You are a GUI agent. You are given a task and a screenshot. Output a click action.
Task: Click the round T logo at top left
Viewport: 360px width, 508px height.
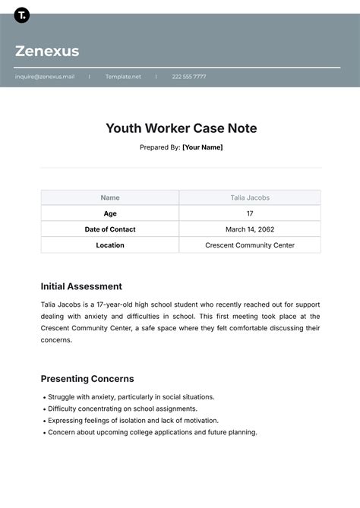click(22, 14)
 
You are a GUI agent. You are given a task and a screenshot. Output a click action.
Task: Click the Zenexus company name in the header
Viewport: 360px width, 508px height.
click(47, 52)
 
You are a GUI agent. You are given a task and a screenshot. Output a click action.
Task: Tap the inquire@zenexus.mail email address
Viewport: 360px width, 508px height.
click(45, 77)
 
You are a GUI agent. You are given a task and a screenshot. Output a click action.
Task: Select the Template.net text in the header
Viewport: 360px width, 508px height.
click(123, 77)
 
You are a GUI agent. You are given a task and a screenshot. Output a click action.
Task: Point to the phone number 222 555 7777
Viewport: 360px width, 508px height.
click(188, 77)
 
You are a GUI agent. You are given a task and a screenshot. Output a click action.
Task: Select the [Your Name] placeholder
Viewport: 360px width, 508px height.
click(202, 147)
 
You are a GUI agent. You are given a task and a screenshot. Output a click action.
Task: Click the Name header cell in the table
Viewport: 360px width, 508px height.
click(110, 197)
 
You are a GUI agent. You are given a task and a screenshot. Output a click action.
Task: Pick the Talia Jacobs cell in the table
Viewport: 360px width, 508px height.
click(250, 197)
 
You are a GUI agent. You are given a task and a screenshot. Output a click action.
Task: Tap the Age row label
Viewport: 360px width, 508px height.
click(110, 213)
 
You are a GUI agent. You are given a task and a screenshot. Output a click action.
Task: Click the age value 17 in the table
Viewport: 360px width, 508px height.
click(250, 213)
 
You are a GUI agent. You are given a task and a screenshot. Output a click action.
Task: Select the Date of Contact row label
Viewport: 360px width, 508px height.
click(110, 229)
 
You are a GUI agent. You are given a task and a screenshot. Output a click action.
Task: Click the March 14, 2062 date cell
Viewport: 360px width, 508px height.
click(250, 229)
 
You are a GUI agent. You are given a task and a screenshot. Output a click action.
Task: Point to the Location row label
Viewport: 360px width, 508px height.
click(110, 245)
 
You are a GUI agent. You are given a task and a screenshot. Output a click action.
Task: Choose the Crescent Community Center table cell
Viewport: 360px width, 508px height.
click(250, 245)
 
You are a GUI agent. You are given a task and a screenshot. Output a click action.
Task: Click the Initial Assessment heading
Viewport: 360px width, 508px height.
click(81, 286)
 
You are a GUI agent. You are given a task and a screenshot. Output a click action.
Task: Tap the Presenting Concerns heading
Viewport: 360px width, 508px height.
click(87, 378)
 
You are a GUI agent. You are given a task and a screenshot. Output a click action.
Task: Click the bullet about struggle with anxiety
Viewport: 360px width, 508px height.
click(131, 396)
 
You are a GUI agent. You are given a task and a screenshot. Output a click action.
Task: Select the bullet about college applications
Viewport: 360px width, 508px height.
click(152, 432)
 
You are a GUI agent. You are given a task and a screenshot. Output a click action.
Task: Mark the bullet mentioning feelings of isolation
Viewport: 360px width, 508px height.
click(133, 420)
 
